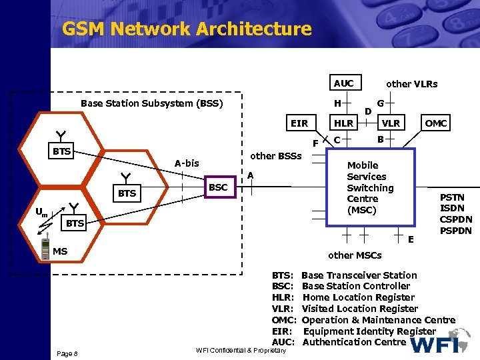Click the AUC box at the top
click(x=344, y=83)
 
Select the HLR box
click(x=344, y=123)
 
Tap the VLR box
click(x=391, y=123)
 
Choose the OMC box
click(x=436, y=123)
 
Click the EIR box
click(x=299, y=123)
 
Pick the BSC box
click(x=218, y=188)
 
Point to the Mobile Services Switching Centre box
click(x=371, y=188)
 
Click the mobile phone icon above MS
click(x=45, y=235)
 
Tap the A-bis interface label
click(x=187, y=163)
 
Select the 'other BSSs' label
click(x=275, y=156)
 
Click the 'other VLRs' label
click(x=412, y=84)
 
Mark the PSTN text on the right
click(x=452, y=197)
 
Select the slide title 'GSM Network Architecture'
click(x=187, y=29)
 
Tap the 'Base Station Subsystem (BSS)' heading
click(x=151, y=103)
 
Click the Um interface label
click(x=42, y=213)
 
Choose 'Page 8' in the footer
click(x=67, y=353)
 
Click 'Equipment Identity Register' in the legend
click(x=369, y=331)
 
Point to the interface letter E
click(x=411, y=239)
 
